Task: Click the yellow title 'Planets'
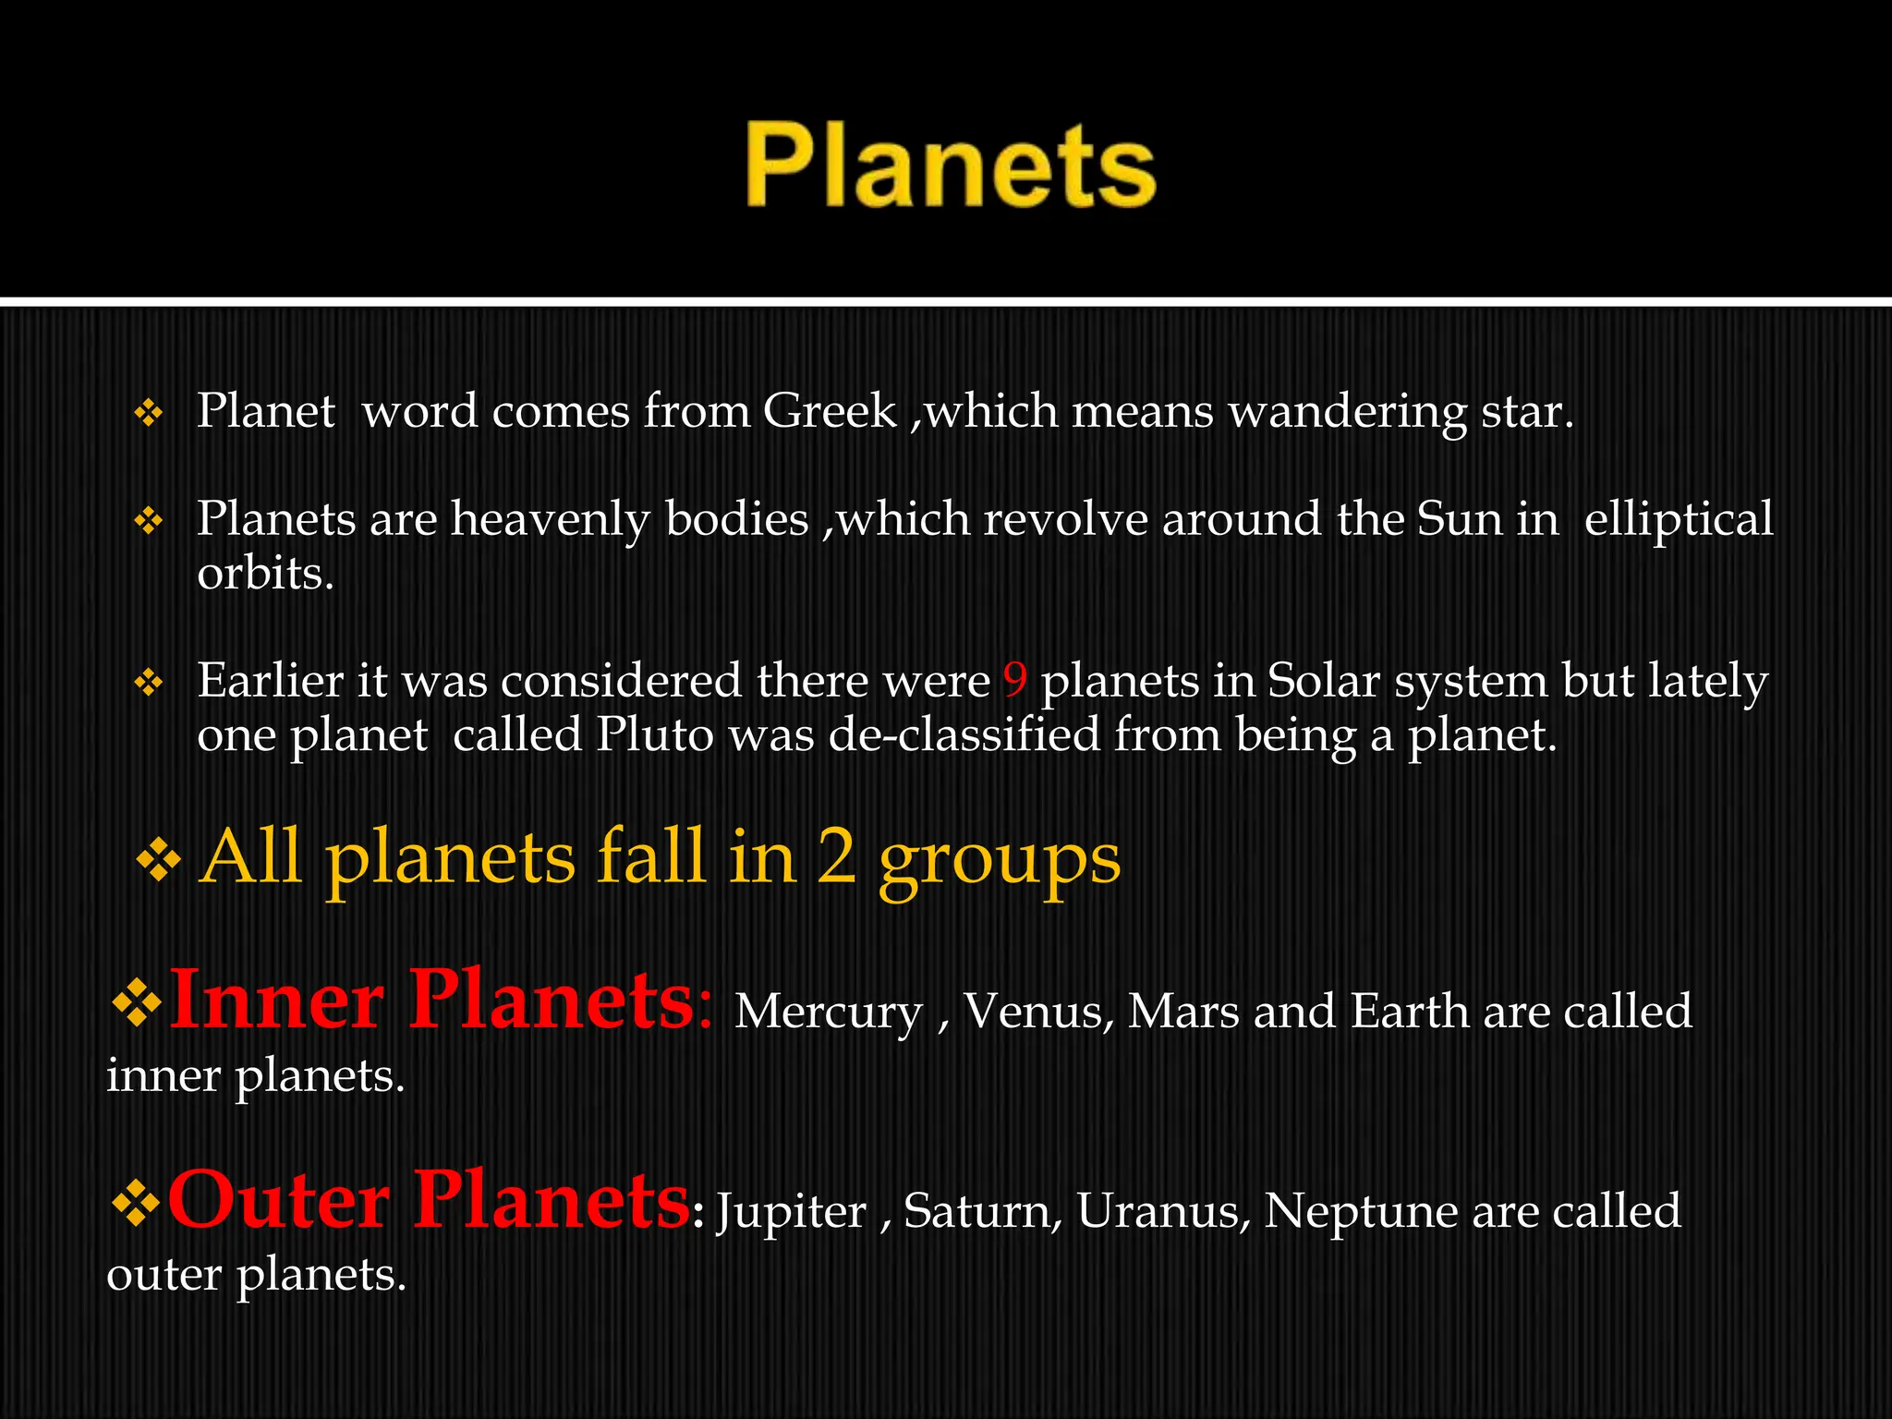951,167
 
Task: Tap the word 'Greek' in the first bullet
830,411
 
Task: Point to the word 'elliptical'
1679,520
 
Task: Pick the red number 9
1014,681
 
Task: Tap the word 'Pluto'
655,735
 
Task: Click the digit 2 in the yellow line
836,858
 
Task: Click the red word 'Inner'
277,1001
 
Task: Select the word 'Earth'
1410,1012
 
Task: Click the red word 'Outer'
277,1200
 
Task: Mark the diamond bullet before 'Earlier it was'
149,684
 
